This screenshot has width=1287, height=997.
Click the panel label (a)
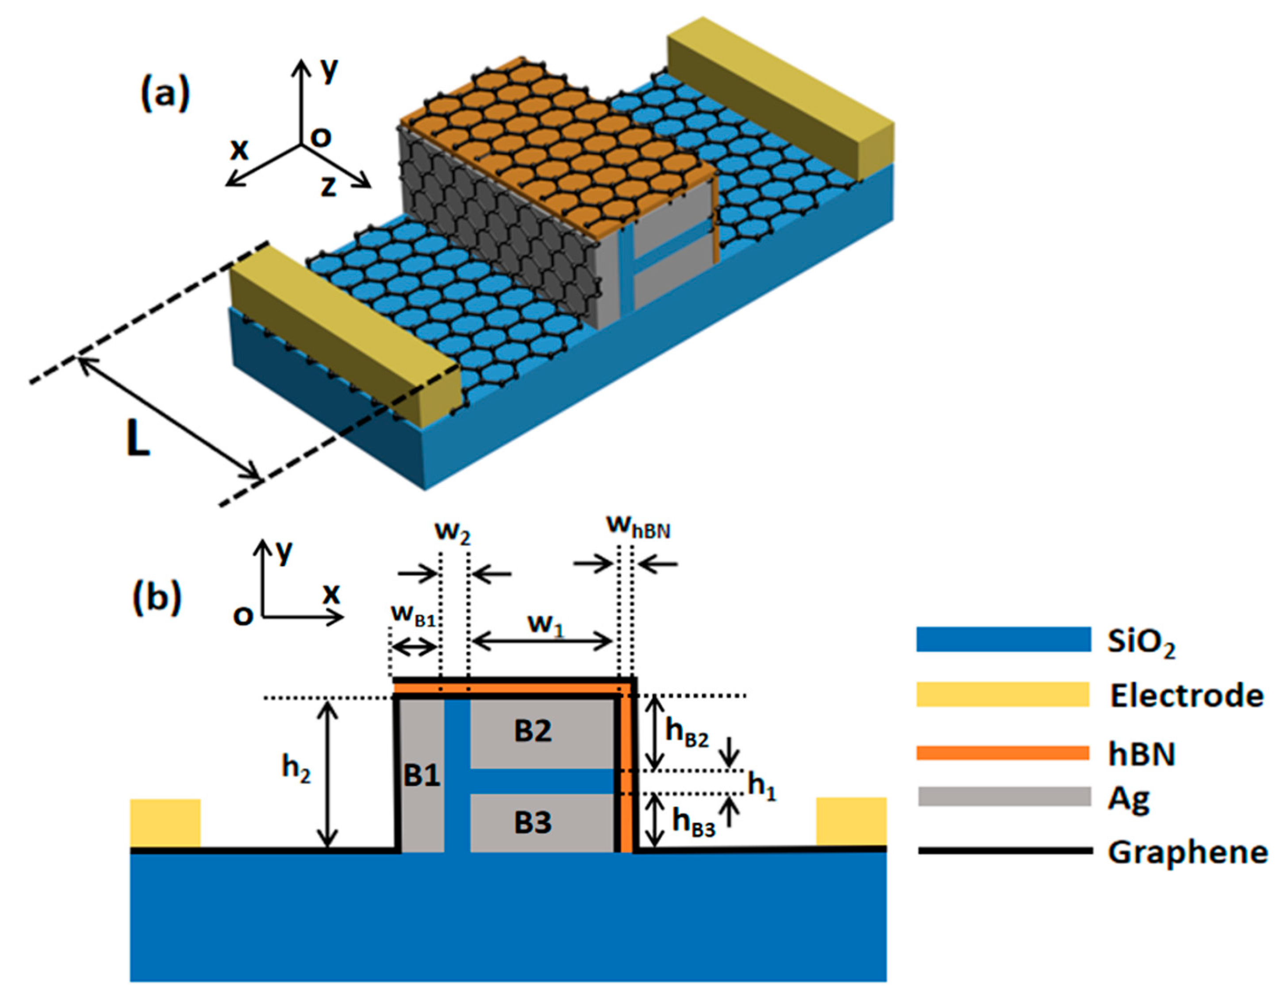165,94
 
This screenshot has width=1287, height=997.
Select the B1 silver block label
422,776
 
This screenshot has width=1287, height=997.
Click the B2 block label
533,731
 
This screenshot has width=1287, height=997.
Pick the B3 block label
533,823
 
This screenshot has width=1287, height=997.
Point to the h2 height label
296,768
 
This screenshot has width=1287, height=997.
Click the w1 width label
546,624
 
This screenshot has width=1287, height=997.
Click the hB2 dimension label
687,734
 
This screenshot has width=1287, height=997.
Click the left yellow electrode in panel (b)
165,823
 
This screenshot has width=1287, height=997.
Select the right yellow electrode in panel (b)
851,822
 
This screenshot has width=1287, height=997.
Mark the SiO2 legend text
1141,641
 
